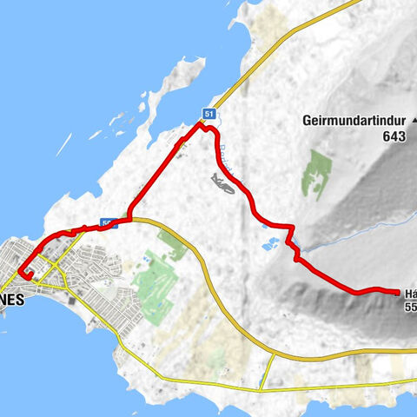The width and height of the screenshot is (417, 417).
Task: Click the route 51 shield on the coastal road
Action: point(208,114)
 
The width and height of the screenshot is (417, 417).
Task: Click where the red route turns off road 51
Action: point(200,126)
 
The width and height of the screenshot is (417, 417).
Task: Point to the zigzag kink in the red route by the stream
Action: point(297,254)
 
